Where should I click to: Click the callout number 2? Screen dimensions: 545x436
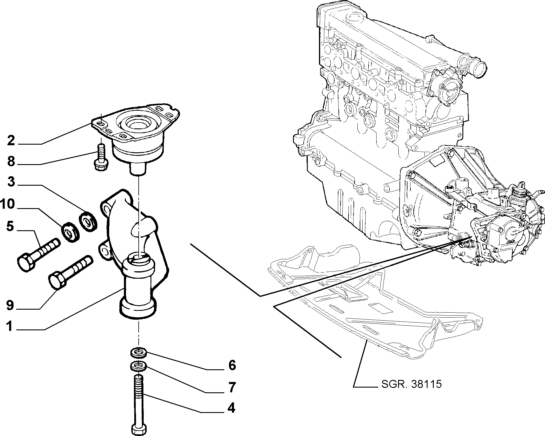click(x=11, y=141)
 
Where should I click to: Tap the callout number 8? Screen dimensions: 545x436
click(x=11, y=161)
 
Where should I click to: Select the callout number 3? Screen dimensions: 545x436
click(x=11, y=182)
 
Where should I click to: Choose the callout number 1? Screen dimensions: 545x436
click(x=10, y=327)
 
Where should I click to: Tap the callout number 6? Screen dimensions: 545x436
click(x=232, y=365)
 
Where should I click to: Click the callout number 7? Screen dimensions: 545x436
click(x=232, y=387)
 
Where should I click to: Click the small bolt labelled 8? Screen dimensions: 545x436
click(x=101, y=157)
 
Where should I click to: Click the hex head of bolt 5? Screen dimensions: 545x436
click(x=26, y=262)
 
